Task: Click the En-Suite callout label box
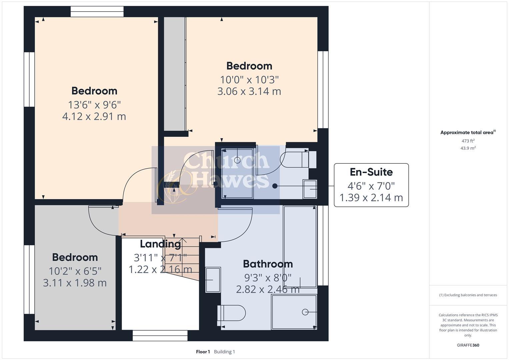[x=371, y=185]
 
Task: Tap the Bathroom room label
[x=268, y=264]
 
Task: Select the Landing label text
[x=160, y=244]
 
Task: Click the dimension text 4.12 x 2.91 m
[x=94, y=116]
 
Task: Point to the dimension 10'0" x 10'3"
[x=249, y=80]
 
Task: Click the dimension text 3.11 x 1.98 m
[x=75, y=283]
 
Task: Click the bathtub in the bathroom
[x=300, y=246]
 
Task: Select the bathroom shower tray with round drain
[x=294, y=312]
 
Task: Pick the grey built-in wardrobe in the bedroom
[x=175, y=74]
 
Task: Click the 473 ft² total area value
[x=468, y=141]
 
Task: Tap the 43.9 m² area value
[x=468, y=148]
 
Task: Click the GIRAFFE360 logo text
[x=468, y=345]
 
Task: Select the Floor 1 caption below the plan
[x=203, y=352]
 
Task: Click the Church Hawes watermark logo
[x=216, y=175]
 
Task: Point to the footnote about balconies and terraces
[x=468, y=295]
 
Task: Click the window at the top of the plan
[x=97, y=12]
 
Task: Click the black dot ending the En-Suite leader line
[x=275, y=186]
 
